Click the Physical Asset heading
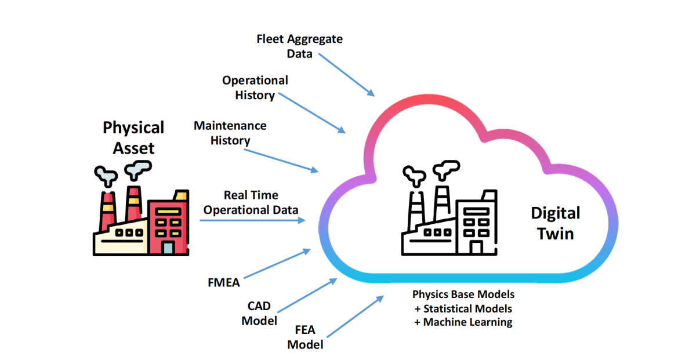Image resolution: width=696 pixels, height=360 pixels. pyautogui.click(x=133, y=137)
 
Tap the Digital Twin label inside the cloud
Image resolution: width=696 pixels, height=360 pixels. pyautogui.click(x=555, y=223)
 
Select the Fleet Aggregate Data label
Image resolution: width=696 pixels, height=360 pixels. pyautogui.click(x=299, y=46)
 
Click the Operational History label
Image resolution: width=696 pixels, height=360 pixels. pyautogui.click(x=255, y=88)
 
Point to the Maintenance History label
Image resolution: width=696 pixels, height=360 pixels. pyautogui.click(x=230, y=133)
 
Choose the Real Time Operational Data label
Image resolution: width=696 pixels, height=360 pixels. pyautogui.click(x=251, y=202)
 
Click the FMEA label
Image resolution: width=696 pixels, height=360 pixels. pyautogui.click(x=223, y=283)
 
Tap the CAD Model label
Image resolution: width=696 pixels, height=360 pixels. pyautogui.click(x=259, y=313)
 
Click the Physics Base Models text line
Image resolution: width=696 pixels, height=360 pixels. pyautogui.click(x=463, y=294)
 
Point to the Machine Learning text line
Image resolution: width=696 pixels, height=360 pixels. pyautogui.click(x=463, y=322)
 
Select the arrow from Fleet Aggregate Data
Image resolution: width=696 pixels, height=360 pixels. pyautogui.click(x=346, y=75)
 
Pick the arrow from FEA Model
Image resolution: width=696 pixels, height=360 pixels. pyautogui.click(x=356, y=316)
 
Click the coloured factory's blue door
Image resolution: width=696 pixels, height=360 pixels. pyautogui.click(x=168, y=248)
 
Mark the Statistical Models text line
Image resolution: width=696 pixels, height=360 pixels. pyautogui.click(x=463, y=308)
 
